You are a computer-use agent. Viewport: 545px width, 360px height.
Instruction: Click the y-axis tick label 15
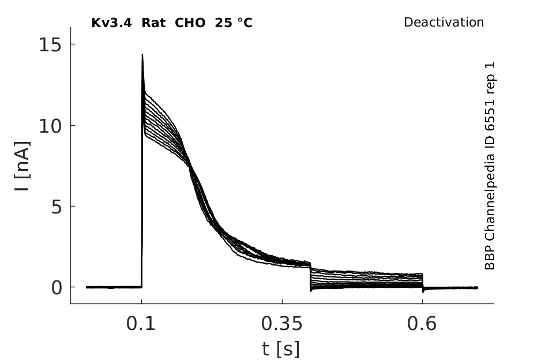pos(51,45)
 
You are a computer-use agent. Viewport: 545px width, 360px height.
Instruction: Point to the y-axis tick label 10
pos(51,126)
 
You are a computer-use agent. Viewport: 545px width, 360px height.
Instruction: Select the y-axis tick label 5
pos(57,207)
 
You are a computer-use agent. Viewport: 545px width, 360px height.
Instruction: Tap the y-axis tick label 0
pos(57,288)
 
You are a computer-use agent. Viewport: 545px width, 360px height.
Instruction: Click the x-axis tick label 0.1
pos(141,324)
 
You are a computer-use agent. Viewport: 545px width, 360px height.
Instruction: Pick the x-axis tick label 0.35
pos(282,324)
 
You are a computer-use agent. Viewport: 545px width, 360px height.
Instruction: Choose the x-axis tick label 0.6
pos(422,324)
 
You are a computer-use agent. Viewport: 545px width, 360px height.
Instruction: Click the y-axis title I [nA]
pos(22,166)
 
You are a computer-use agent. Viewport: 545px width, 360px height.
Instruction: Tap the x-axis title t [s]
pos(280,349)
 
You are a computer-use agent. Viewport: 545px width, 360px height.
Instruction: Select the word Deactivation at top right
pos(444,22)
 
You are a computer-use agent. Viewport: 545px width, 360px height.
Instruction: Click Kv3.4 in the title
pos(111,23)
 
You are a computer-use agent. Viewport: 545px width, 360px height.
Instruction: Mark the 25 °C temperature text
pos(234,23)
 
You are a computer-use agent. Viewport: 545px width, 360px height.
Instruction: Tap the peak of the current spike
pos(142,54)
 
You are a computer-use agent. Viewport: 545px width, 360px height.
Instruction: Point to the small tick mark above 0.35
pos(282,301)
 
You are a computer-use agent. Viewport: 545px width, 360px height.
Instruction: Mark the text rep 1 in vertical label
pos(490,78)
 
